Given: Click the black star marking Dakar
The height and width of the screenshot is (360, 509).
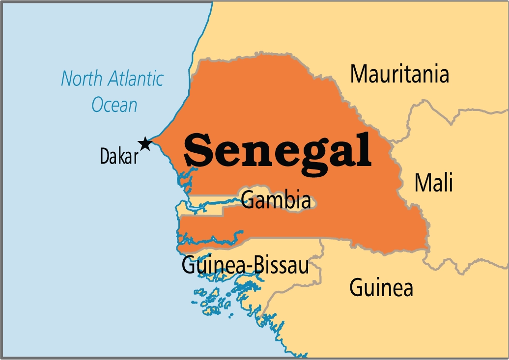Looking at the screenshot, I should [x=144, y=143].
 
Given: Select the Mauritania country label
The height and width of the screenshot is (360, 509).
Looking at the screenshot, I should [x=399, y=74].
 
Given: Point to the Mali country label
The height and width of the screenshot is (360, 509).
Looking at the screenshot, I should [x=433, y=183].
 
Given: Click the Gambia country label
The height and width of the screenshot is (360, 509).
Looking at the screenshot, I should [x=277, y=200].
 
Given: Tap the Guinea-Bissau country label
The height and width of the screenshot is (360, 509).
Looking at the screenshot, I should [x=245, y=266].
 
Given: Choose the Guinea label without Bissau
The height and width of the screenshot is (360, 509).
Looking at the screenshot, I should [x=381, y=287].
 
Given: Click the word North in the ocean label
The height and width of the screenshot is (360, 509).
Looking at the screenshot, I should [x=81, y=79].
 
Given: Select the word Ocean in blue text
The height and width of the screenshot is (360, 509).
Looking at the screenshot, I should [x=114, y=105].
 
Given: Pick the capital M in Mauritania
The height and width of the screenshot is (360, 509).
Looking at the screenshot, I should [x=359, y=74].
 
